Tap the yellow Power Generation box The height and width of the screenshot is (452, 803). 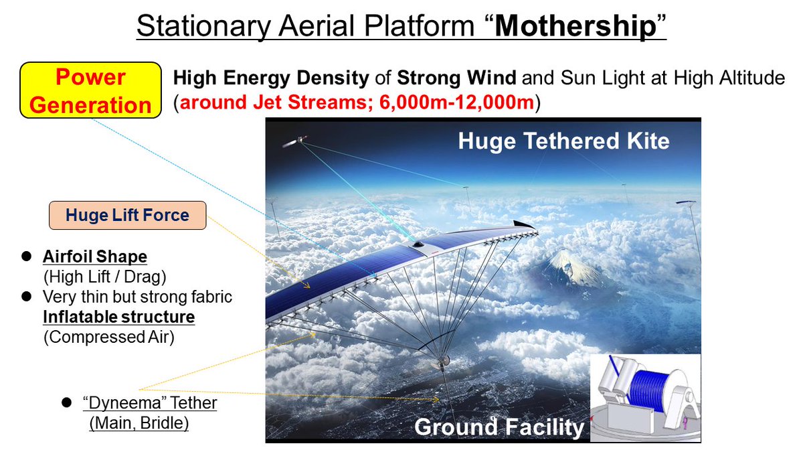(x=90, y=91)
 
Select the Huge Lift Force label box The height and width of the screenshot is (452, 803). (x=127, y=216)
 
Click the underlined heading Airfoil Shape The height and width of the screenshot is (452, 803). (x=95, y=257)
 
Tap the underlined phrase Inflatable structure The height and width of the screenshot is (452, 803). (x=118, y=316)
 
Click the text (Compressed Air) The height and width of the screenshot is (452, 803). (x=108, y=337)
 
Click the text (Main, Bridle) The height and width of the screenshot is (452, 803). (x=139, y=423)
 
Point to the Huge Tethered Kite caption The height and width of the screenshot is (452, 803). (x=563, y=141)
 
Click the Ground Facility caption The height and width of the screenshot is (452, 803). (x=499, y=427)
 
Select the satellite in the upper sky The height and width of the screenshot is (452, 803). (x=295, y=142)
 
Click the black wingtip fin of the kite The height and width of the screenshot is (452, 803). (x=524, y=224)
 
